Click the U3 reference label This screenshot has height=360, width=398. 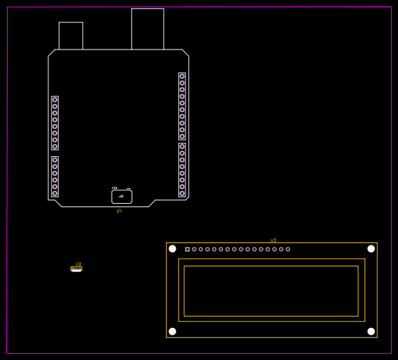point(273,240)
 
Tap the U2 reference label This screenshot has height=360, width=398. point(78,264)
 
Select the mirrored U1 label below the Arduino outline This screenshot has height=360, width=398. point(118,211)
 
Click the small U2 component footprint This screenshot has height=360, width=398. point(76,269)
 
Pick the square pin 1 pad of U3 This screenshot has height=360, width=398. point(187,249)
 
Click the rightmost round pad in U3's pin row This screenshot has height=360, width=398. point(288,249)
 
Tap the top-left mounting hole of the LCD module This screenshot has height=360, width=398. point(172,248)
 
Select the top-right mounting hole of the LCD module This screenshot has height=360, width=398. point(371,248)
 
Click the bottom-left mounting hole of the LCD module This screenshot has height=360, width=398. point(172,331)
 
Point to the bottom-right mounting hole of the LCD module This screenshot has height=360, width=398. point(371,331)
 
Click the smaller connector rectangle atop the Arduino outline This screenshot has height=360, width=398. point(70,36)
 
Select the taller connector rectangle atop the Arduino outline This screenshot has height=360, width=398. point(148,29)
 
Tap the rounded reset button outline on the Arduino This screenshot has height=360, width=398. point(121,197)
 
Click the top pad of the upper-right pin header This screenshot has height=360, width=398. point(182,76)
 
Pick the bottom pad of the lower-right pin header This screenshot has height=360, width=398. point(182,193)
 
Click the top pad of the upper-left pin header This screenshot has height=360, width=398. point(54,100)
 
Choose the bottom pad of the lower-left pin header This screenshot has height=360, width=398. point(54,193)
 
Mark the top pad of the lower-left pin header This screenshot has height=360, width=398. point(54,160)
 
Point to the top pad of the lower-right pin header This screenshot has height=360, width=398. point(182,147)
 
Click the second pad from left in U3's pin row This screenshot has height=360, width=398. point(194,249)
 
